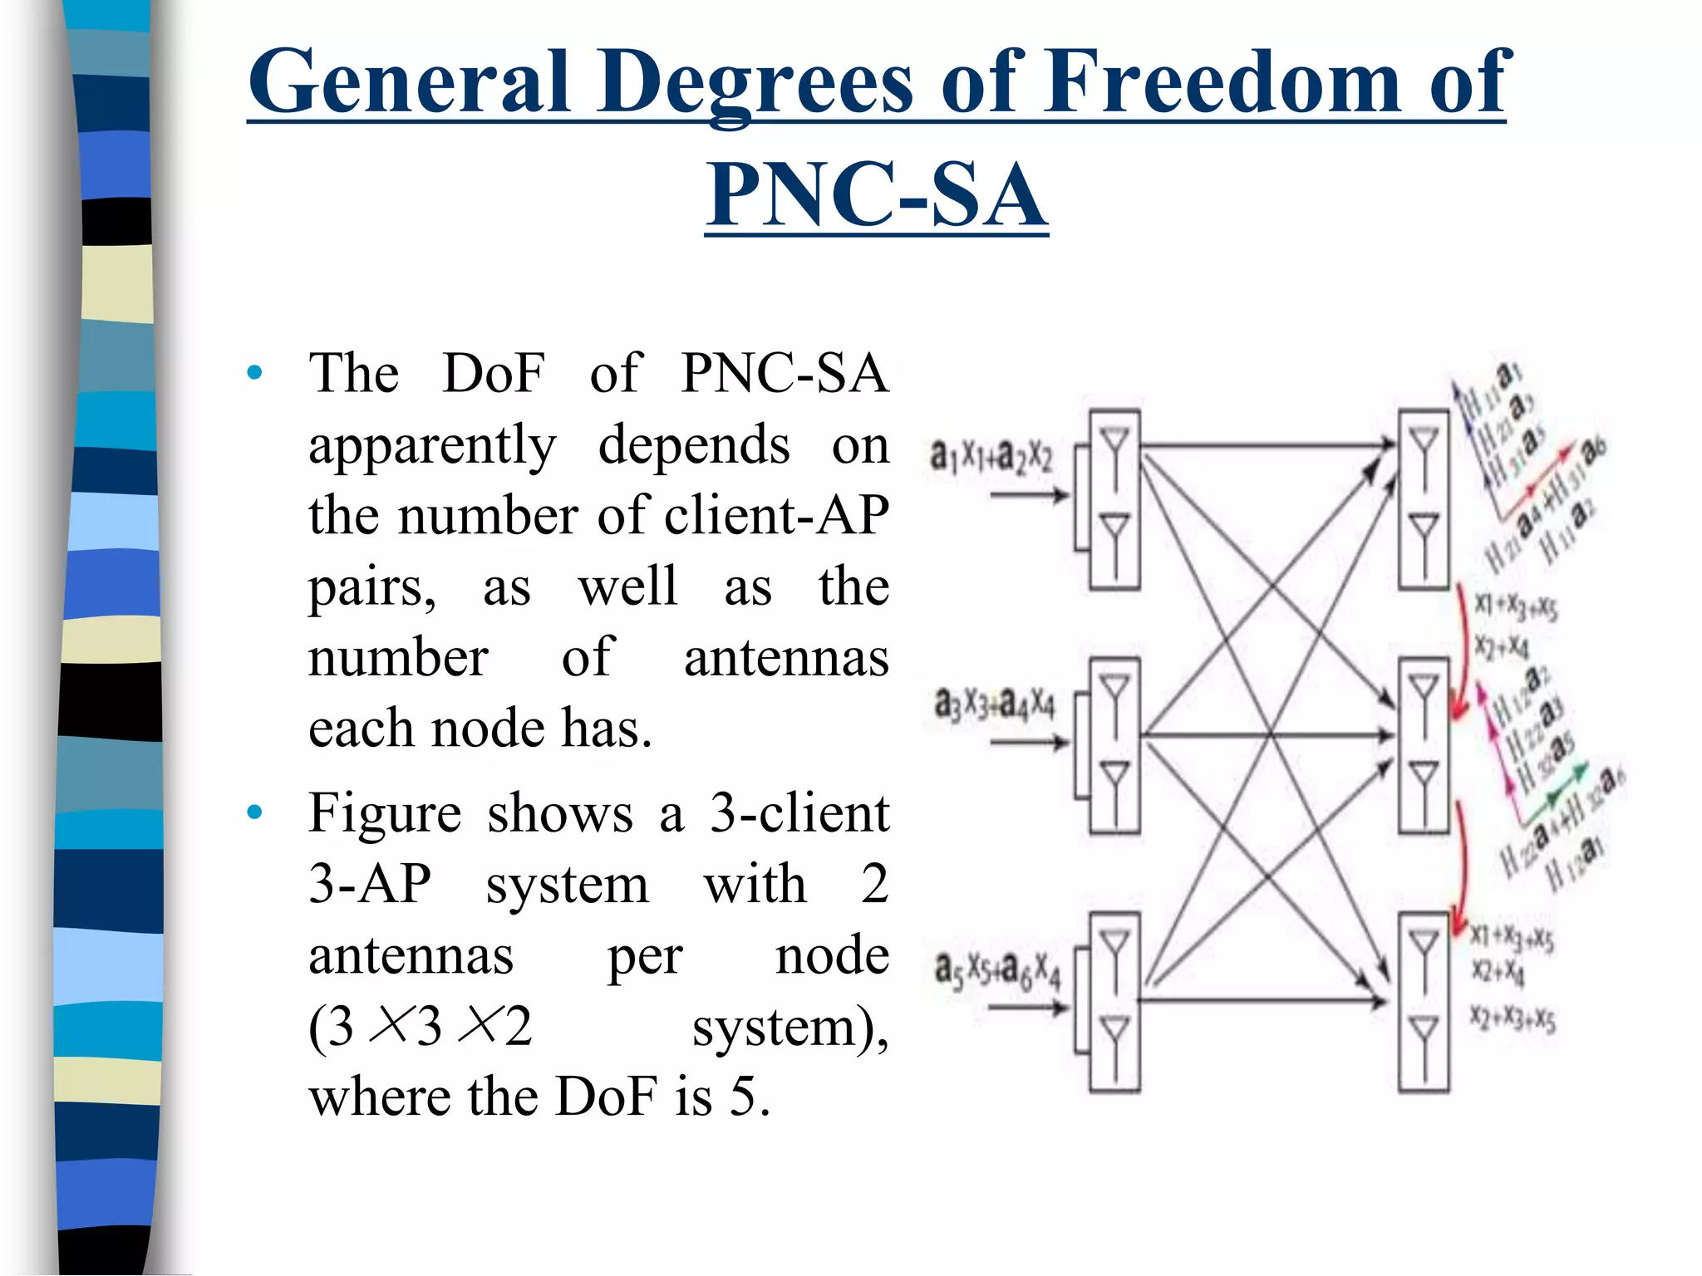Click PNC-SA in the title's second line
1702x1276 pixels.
click(876, 195)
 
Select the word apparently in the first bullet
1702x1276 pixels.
click(432, 445)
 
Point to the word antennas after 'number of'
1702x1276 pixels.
click(785, 657)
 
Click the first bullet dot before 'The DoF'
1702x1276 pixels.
click(254, 372)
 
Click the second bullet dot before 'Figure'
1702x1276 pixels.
click(254, 812)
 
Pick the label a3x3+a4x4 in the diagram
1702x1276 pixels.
click(994, 704)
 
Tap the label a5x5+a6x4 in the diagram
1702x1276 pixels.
click(996, 969)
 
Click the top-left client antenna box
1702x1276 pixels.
click(1114, 499)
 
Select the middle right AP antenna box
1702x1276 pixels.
click(1423, 745)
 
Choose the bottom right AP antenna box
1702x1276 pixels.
click(1423, 1002)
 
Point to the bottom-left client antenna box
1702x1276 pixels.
click(1114, 1002)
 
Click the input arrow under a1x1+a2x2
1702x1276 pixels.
click(1029, 496)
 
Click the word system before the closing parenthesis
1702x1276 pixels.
click(789, 1027)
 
